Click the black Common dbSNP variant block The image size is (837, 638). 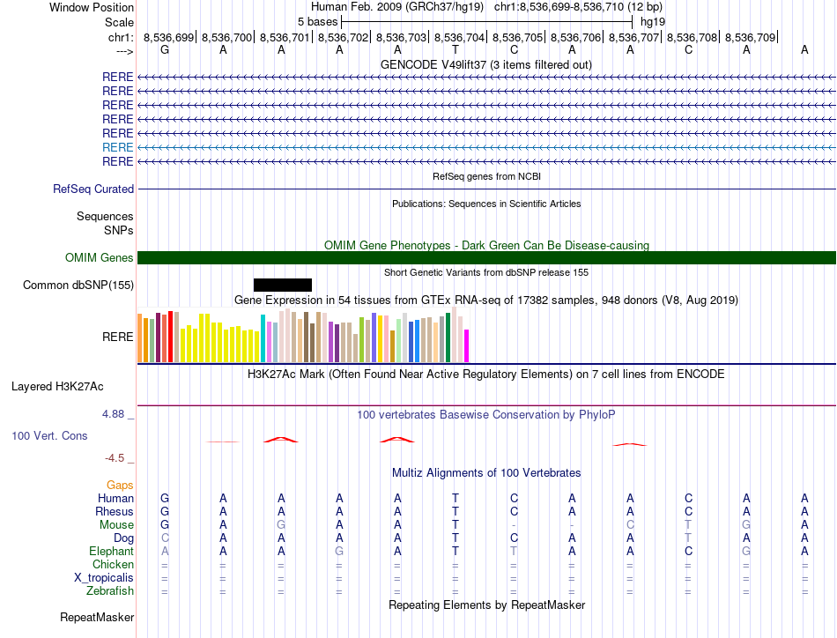282,285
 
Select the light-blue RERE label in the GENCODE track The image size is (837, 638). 117,147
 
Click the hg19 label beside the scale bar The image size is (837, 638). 653,21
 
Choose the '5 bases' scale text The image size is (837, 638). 317,21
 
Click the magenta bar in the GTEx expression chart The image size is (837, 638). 467,345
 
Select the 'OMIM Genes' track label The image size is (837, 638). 100,258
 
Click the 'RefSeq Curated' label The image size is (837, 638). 93,189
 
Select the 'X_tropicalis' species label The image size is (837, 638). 104,578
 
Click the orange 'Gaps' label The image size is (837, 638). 120,486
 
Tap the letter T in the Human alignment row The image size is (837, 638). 456,499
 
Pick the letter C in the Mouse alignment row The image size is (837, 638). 630,525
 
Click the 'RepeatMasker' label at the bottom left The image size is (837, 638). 97,618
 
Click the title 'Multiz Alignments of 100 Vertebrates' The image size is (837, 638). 486,473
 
